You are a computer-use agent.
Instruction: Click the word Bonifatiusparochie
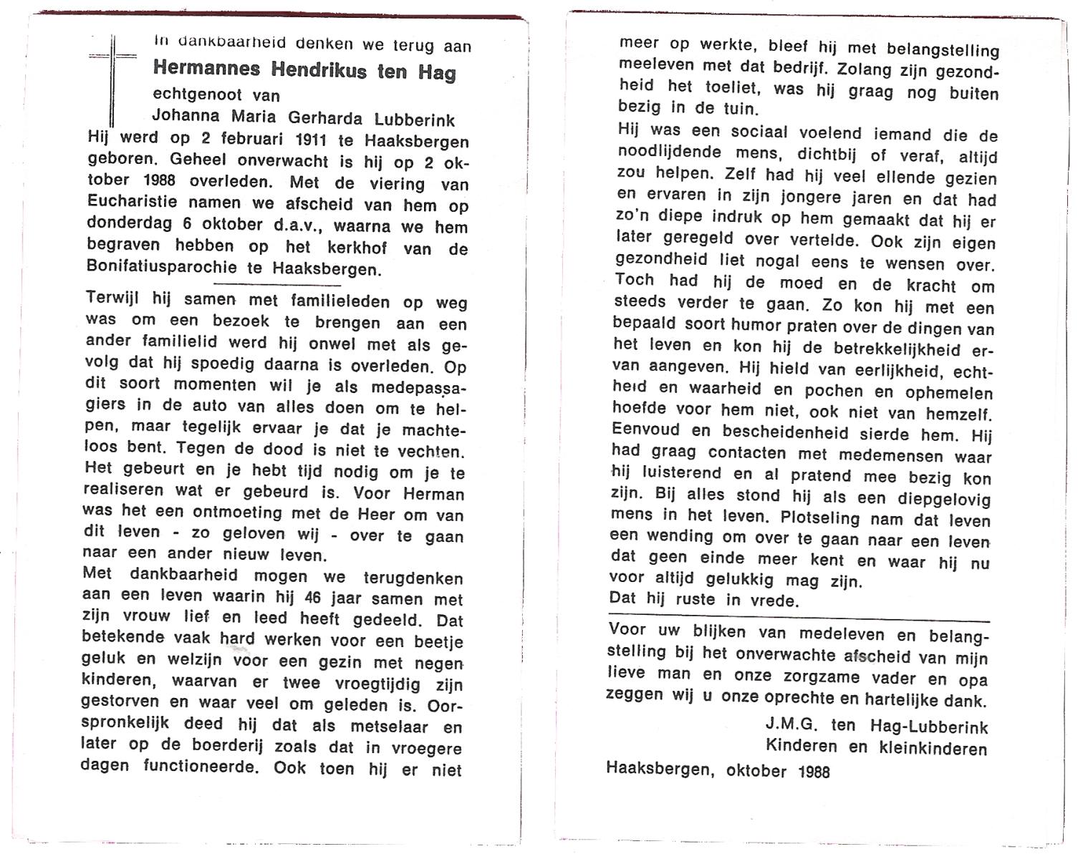tap(161, 268)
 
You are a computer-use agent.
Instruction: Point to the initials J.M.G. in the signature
tap(791, 724)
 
